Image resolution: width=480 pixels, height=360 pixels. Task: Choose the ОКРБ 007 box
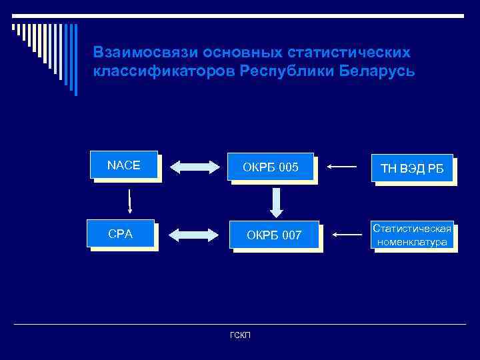coord(274,235)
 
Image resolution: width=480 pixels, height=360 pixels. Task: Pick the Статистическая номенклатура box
coord(412,235)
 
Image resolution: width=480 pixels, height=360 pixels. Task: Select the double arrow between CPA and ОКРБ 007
coord(194,235)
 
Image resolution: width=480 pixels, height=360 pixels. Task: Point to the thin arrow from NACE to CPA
coord(129,199)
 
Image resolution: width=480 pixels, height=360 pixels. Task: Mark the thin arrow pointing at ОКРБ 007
coord(347,234)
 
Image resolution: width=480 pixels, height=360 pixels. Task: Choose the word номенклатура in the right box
coord(411,242)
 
